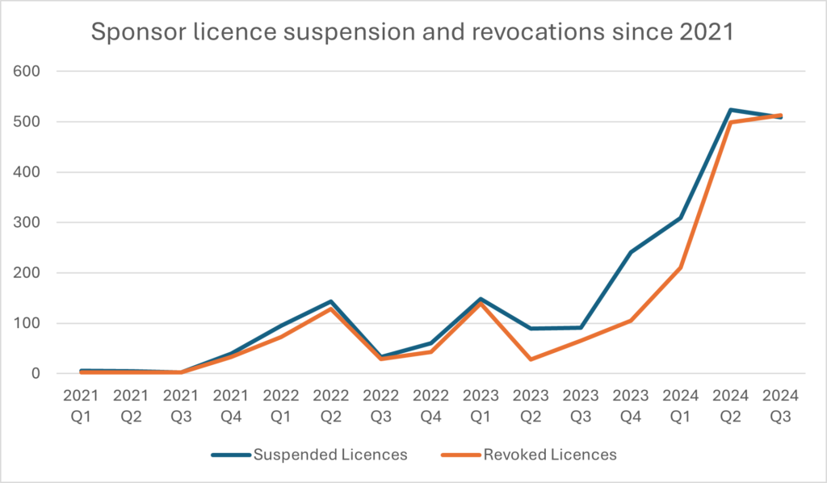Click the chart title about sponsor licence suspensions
pyautogui.click(x=413, y=32)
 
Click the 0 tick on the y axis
pyautogui.click(x=36, y=374)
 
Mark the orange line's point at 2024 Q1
pyautogui.click(x=681, y=267)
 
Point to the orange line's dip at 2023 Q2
pyautogui.click(x=530, y=359)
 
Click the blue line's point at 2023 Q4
pyautogui.click(x=630, y=252)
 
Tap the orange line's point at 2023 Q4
pyautogui.click(x=630, y=321)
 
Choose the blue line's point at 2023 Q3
pyautogui.click(x=580, y=328)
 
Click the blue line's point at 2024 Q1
pyautogui.click(x=681, y=218)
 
